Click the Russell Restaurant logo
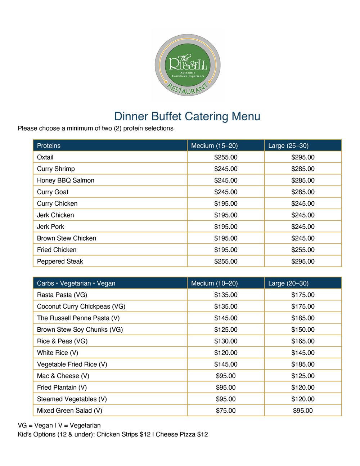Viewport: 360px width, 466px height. click(x=188, y=65)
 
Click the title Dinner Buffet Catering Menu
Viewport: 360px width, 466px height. click(x=187, y=116)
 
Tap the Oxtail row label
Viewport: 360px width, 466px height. click(x=45, y=157)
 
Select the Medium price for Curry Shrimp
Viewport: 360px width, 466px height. click(x=226, y=169)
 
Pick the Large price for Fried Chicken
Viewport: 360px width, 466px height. click(x=303, y=250)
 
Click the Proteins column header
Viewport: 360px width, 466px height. click(x=49, y=146)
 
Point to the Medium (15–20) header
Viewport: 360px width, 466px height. click(x=214, y=146)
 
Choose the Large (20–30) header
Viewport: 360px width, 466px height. click(x=288, y=283)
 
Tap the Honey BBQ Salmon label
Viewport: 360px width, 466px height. click(x=66, y=180)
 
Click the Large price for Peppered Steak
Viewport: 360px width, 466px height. click(x=303, y=261)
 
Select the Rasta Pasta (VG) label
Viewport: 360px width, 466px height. click(x=62, y=295)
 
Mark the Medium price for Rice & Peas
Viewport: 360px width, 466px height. click(x=226, y=341)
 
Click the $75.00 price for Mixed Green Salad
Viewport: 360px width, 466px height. click(x=226, y=411)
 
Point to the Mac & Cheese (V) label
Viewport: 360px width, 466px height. click(x=63, y=376)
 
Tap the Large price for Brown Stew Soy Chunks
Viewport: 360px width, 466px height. click(x=303, y=330)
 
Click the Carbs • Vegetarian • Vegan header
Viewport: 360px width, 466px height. click(x=76, y=283)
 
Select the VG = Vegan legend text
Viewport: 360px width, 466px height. click(x=34, y=426)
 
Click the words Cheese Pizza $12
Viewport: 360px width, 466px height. click(x=181, y=435)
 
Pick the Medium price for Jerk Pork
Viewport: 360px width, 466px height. click(x=226, y=227)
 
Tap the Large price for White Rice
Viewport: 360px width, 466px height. click(x=303, y=353)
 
